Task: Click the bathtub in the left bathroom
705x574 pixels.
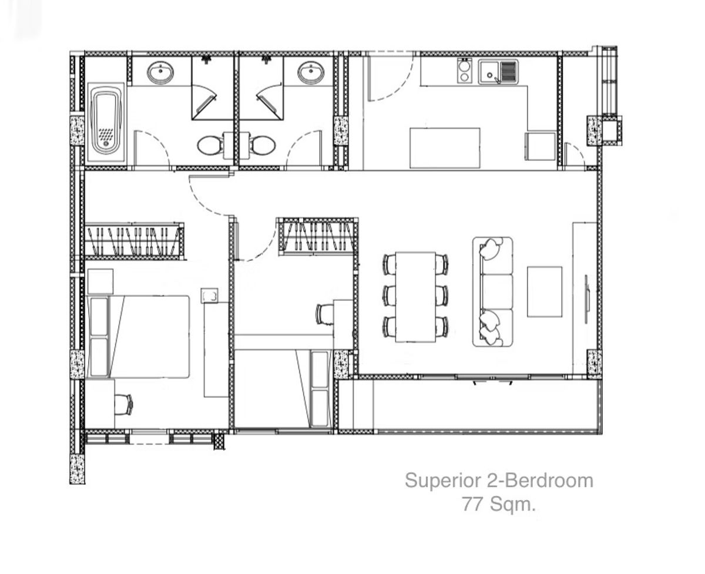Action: point(106,122)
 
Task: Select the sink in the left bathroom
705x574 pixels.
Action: point(160,73)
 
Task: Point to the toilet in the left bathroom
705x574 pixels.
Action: point(209,145)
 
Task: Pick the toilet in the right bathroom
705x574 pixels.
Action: point(261,145)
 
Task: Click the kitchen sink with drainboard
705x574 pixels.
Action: point(498,72)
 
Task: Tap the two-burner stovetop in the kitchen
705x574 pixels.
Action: point(465,71)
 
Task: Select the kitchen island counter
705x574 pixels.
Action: point(445,147)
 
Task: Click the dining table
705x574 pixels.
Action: point(415,297)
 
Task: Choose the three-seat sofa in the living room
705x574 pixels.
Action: point(492,291)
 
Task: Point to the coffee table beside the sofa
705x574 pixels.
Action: point(544,291)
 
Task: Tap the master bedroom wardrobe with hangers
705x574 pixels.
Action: point(134,241)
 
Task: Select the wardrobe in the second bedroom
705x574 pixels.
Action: point(318,236)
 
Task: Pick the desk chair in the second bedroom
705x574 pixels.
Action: point(324,314)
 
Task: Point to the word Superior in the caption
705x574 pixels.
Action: point(443,481)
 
